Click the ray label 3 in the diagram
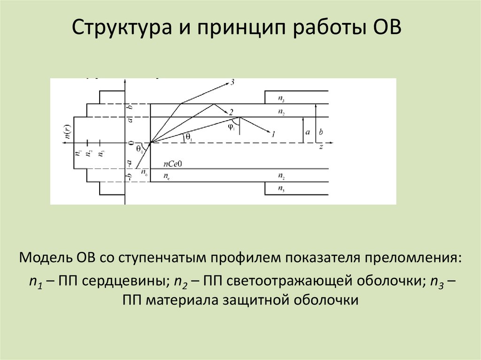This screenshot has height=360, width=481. pyautogui.click(x=232, y=83)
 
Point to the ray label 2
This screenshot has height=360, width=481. pyautogui.click(x=231, y=112)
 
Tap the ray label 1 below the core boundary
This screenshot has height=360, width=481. pyautogui.click(x=272, y=134)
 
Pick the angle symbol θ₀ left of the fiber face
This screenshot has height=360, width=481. pyautogui.click(x=139, y=149)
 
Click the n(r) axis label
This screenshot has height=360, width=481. pyautogui.click(x=68, y=134)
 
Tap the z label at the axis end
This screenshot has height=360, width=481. pyautogui.click(x=321, y=146)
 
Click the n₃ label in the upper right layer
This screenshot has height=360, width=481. pyautogui.click(x=281, y=99)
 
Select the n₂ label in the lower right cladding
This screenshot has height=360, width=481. pyautogui.click(x=281, y=176)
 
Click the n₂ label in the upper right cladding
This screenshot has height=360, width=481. pyautogui.click(x=281, y=112)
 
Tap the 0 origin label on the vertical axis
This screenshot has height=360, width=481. pyautogui.click(x=132, y=143)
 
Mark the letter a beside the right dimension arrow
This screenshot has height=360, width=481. pyautogui.click(x=308, y=132)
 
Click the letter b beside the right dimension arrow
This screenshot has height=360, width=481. pyautogui.click(x=321, y=132)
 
